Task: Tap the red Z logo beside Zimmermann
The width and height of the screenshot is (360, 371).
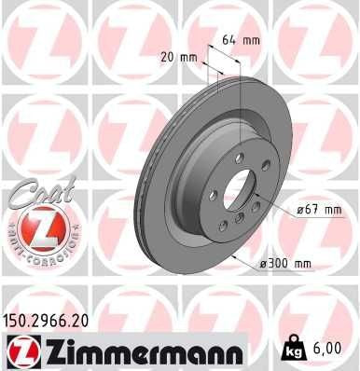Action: (x=21, y=350)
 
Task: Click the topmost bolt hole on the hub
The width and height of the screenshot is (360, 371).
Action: (x=240, y=158)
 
